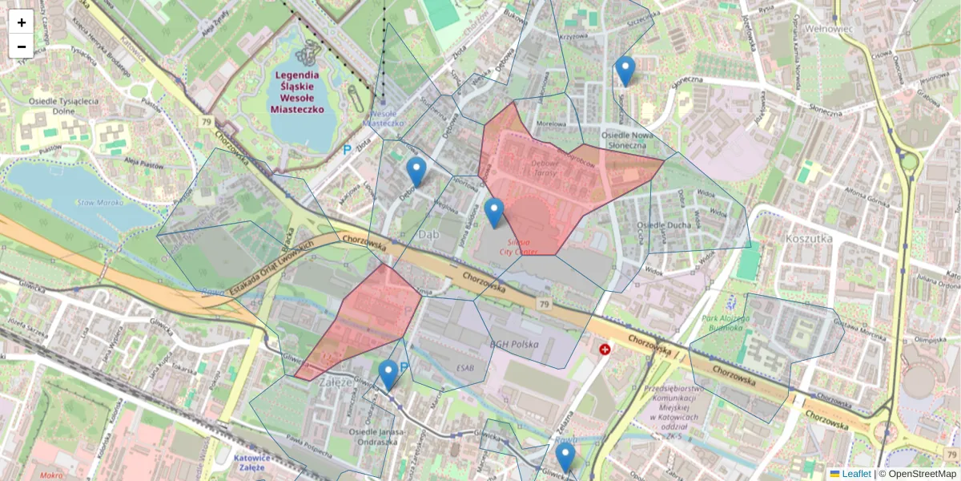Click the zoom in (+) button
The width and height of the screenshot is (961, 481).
(x=22, y=22)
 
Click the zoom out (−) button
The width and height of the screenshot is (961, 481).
(x=22, y=46)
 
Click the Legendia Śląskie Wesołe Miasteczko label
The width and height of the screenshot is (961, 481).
(x=298, y=91)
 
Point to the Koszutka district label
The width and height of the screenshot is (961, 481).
(x=809, y=238)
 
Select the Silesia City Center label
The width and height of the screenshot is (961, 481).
(x=519, y=246)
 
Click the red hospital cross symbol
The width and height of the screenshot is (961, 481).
(x=605, y=350)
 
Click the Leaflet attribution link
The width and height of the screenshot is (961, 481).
(x=855, y=474)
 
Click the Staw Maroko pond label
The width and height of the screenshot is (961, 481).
(x=99, y=202)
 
